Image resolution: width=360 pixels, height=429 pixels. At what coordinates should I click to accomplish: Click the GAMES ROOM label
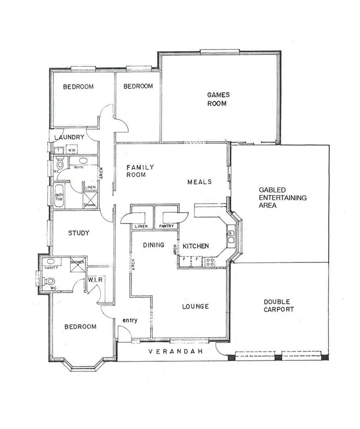(x=217, y=99)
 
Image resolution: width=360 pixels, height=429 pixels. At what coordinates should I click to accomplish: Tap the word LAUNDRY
(x=70, y=137)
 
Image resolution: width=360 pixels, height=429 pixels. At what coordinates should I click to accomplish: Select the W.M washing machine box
(x=72, y=150)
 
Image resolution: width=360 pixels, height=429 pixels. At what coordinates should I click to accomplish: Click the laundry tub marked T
(x=58, y=150)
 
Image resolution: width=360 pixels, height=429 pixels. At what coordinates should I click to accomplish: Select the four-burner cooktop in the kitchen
(x=210, y=262)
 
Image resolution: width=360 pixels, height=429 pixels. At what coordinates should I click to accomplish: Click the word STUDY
(x=78, y=233)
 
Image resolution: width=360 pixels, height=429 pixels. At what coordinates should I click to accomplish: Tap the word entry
(x=130, y=320)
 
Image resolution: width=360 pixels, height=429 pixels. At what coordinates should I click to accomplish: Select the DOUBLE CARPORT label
(x=278, y=306)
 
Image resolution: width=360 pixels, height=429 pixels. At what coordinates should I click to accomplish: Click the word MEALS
(x=199, y=182)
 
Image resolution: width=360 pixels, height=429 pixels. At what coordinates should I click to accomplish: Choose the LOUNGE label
(x=195, y=306)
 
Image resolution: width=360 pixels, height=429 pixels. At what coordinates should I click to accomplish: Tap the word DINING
(x=154, y=245)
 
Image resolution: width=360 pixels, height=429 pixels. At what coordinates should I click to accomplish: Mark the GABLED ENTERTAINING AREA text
(x=282, y=197)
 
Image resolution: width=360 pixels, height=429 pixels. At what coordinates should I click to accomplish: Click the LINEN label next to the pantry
(x=141, y=226)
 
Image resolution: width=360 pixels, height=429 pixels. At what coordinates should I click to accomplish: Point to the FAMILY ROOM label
(x=140, y=171)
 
